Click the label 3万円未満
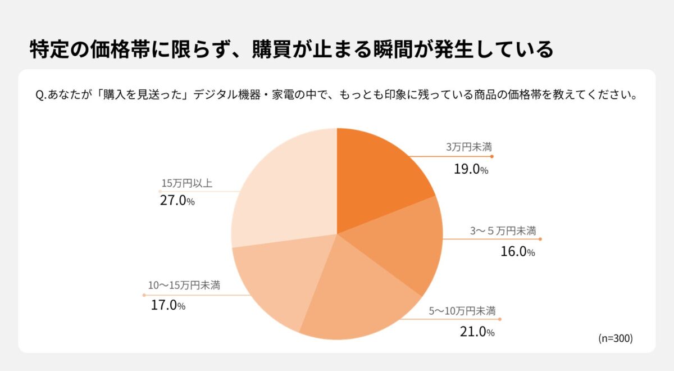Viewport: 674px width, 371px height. [x=469, y=147]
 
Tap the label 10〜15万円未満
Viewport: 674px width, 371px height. [x=184, y=286]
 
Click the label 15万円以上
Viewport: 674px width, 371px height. [x=187, y=183]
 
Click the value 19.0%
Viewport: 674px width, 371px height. [x=471, y=169]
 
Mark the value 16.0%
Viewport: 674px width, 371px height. [x=517, y=252]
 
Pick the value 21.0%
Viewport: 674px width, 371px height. [x=477, y=332]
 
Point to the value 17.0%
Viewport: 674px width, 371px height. [x=168, y=306]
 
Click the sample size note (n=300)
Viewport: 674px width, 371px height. [x=616, y=338]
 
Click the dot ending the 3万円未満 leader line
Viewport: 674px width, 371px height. [x=492, y=156]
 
